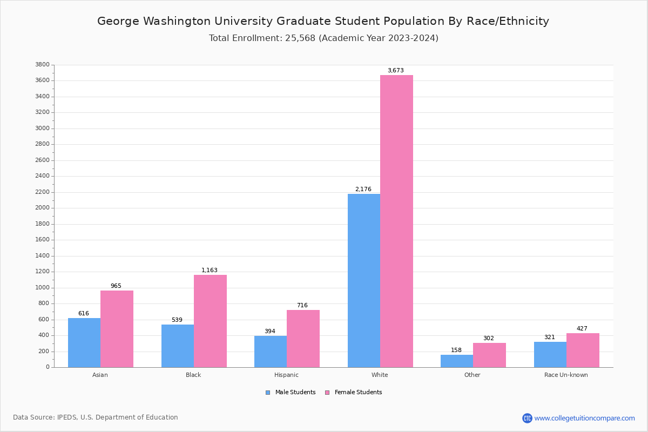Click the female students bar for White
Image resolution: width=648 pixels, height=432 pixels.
coord(396,221)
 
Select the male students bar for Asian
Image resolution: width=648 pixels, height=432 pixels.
coord(84,343)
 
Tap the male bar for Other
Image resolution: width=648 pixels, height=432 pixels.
coord(457,361)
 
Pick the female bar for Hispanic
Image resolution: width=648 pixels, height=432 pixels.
coord(303,339)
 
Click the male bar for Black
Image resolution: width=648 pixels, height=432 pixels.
coord(178,346)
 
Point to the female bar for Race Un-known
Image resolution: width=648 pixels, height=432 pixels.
coord(583,350)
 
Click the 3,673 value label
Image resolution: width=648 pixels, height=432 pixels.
coord(395,71)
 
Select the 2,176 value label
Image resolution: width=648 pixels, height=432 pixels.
coord(363,190)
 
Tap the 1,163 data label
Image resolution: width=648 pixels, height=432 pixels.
coord(210,271)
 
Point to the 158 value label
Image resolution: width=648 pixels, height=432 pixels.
coord(456,350)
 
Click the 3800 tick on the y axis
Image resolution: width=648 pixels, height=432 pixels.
coord(42,65)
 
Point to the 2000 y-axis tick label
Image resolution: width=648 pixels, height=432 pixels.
coord(42,208)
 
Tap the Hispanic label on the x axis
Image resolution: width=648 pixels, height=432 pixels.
coord(286,375)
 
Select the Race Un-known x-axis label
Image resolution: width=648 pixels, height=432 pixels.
coord(566,375)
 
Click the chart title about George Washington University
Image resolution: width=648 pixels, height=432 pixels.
coord(323,22)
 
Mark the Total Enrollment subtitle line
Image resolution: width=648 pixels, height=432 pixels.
coord(323,38)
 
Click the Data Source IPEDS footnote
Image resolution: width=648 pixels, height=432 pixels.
coord(96,417)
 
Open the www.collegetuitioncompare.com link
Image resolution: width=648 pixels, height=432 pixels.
coord(584,418)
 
